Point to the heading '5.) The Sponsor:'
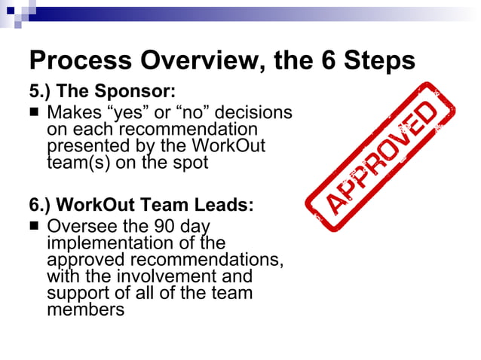(x=101, y=91)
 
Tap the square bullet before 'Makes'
(x=35, y=113)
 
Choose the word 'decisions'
(x=253, y=113)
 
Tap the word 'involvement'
(x=166, y=276)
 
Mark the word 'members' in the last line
(x=85, y=309)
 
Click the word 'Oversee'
(x=84, y=227)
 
